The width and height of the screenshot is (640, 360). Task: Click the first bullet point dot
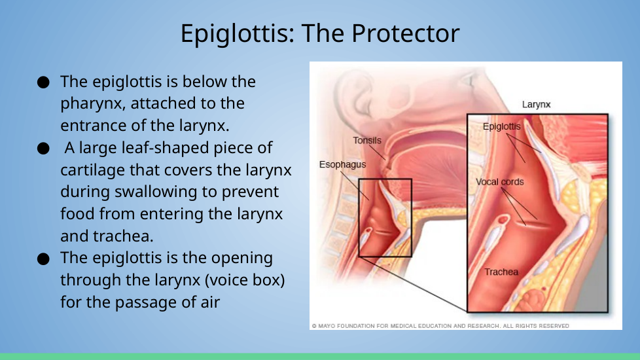click(x=43, y=82)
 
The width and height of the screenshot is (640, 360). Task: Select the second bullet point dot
click(x=43, y=148)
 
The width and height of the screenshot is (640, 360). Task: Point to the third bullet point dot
click(x=43, y=259)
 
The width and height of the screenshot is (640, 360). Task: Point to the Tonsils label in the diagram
click(x=367, y=141)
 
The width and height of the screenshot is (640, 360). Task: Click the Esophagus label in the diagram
click(x=342, y=164)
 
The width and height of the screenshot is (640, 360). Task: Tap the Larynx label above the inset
click(x=537, y=105)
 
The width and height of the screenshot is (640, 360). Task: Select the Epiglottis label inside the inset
click(x=502, y=126)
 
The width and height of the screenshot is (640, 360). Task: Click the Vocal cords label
click(x=499, y=182)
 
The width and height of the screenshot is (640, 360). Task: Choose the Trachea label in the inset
click(x=501, y=272)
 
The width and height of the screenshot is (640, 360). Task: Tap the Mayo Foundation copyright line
click(x=440, y=326)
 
